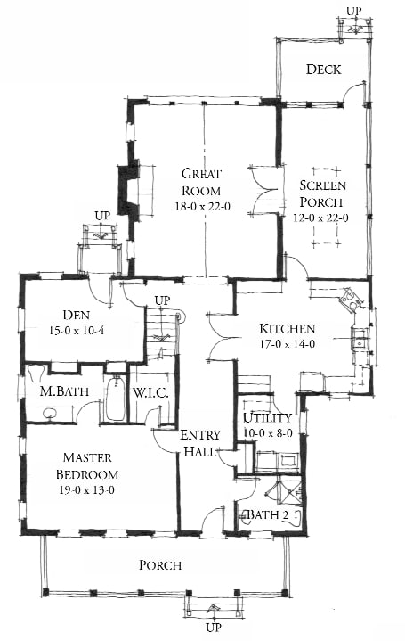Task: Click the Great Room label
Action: point(201,183)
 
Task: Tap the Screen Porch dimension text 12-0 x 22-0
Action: point(321,218)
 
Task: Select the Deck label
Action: point(323,69)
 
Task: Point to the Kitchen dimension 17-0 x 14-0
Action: point(288,344)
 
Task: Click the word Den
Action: point(77,315)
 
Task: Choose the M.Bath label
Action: point(64,391)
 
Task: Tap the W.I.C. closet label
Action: point(150,393)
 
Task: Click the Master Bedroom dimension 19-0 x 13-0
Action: point(86,489)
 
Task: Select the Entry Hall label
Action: point(200,443)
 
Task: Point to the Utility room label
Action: point(267,418)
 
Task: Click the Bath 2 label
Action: point(268,514)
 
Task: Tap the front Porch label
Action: point(160,565)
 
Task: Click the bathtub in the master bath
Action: point(116,399)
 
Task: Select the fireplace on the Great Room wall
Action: point(127,190)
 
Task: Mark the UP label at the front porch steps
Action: point(213,628)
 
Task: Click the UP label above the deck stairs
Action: point(354,11)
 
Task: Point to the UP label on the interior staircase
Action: point(162,300)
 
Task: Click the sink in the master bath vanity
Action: point(50,414)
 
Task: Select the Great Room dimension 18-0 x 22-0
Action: point(203,207)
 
